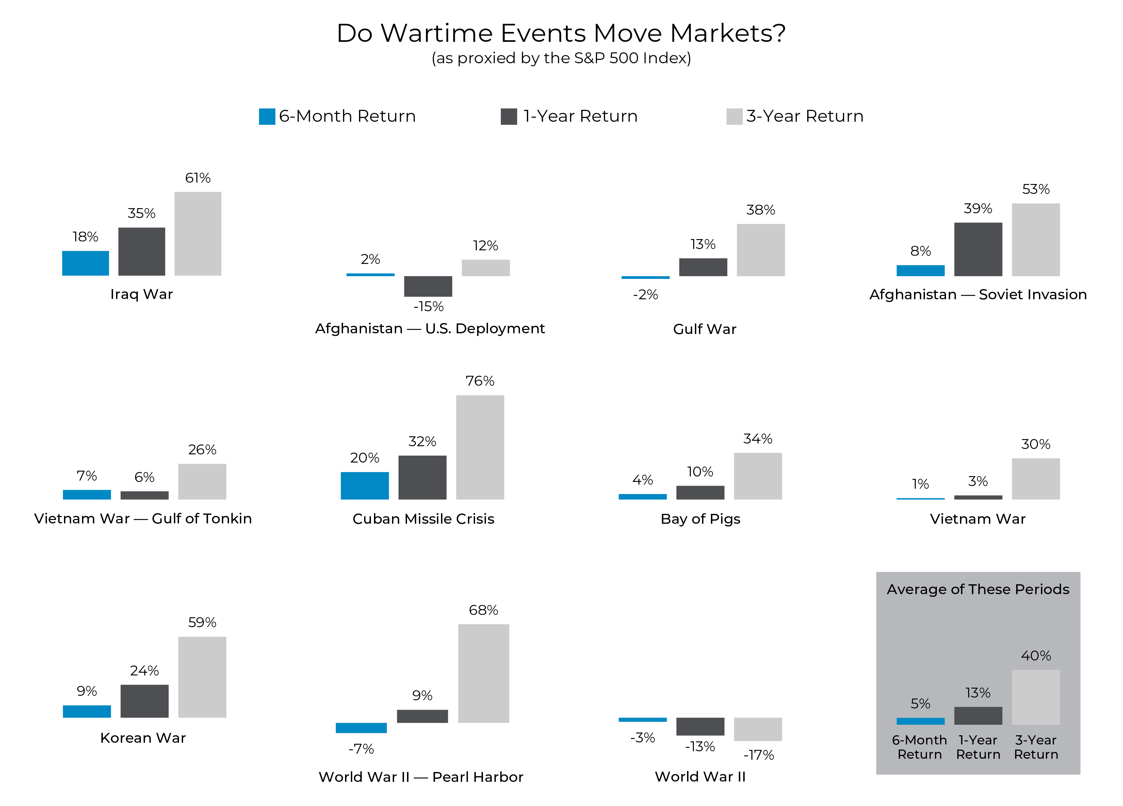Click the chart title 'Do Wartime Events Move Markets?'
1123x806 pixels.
[561, 34]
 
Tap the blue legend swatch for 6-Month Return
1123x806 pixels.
[267, 117]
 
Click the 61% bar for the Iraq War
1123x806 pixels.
[198, 234]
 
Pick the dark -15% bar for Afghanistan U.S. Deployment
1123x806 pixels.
[428, 286]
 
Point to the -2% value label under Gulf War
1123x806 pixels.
[645, 295]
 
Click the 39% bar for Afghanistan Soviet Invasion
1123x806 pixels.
[978, 249]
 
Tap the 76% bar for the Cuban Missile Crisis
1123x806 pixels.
[480, 447]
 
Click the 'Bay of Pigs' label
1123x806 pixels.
[700, 519]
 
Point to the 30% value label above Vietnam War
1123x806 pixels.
[1035, 444]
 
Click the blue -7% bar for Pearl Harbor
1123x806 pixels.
[361, 727]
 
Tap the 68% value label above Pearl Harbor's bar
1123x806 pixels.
[483, 610]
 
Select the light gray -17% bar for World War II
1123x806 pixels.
[758, 729]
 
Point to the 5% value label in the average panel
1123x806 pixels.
[920, 704]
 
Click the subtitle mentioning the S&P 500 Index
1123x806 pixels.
[561, 58]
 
